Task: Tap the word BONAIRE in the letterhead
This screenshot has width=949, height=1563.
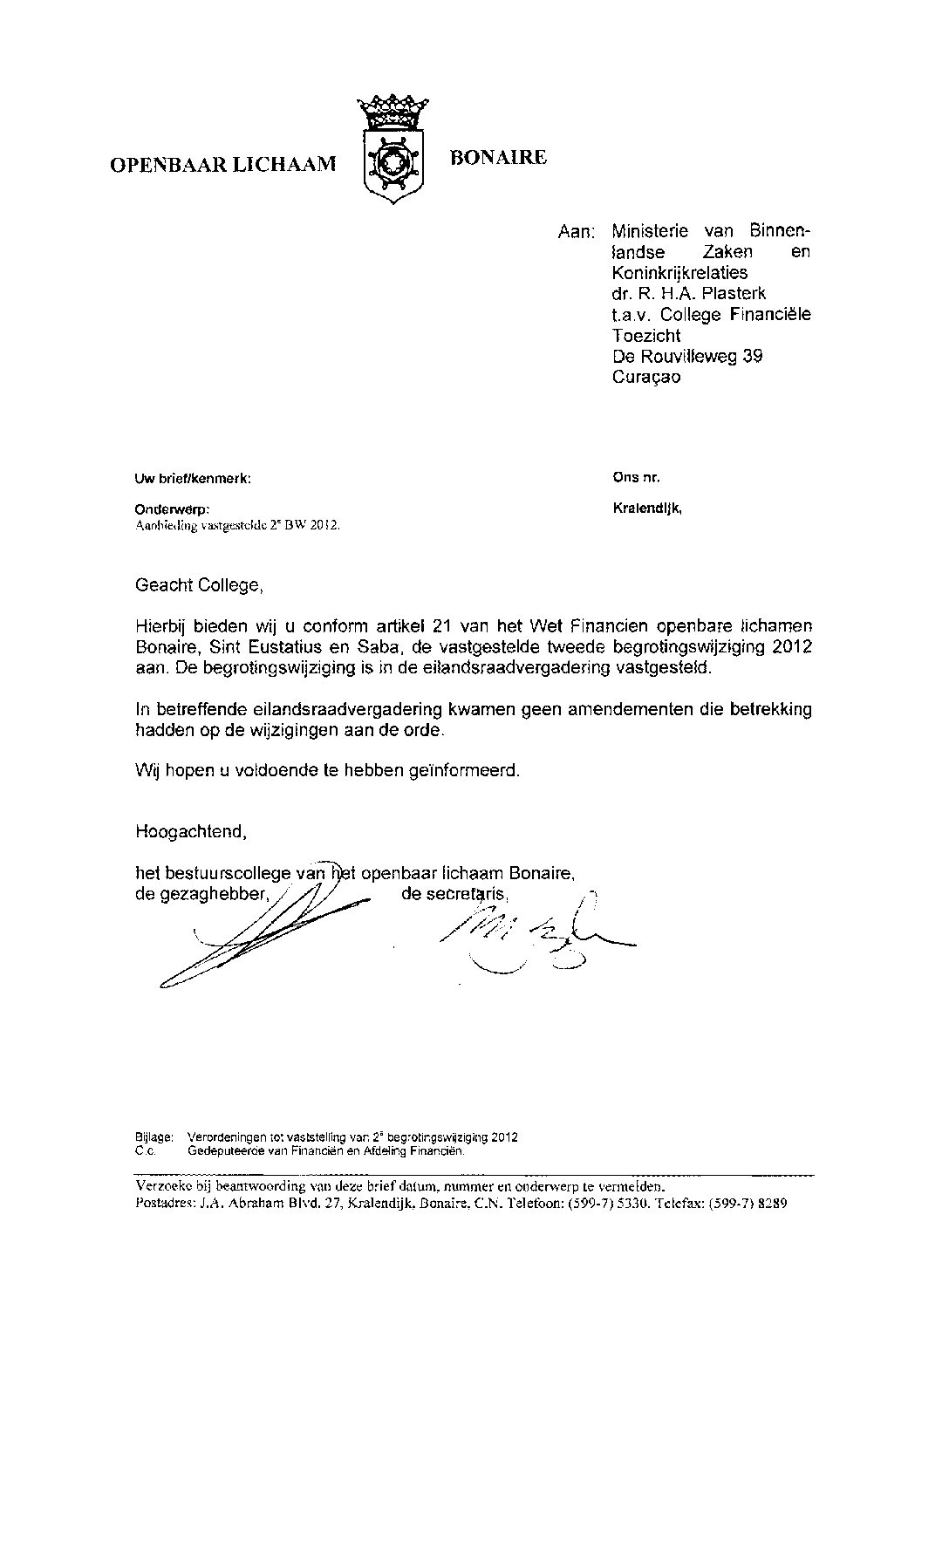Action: (x=498, y=158)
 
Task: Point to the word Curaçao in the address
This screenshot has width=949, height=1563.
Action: (x=646, y=378)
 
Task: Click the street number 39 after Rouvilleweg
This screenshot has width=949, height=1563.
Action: (x=752, y=357)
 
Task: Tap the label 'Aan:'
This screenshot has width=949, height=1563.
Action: (x=576, y=232)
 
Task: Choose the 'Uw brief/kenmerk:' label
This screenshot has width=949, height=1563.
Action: (x=193, y=478)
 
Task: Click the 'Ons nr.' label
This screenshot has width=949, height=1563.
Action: (x=637, y=477)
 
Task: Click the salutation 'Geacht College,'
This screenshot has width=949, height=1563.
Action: (x=198, y=585)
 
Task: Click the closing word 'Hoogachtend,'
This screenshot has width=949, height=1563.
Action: (x=191, y=832)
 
